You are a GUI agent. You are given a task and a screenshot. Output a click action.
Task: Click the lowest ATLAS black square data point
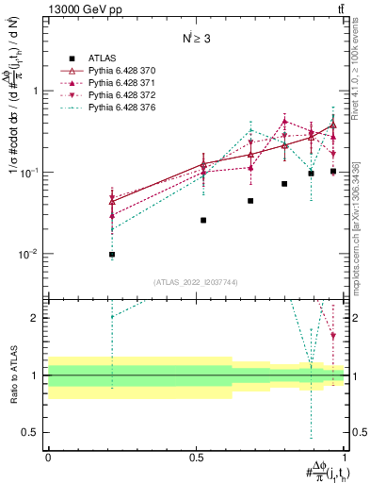pyautogui.click(x=112, y=255)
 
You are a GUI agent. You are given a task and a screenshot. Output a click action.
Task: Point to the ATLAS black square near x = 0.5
pyautogui.click(x=203, y=220)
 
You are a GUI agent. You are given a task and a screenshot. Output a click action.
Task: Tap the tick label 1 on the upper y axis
pyautogui.click(x=36, y=92)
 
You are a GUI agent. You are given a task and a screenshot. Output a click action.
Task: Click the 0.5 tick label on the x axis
pyautogui.click(x=196, y=456)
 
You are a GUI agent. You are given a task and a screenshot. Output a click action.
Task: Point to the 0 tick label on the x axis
pyautogui.click(x=48, y=456)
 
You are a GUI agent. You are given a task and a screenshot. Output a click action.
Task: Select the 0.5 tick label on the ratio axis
pyautogui.click(x=31, y=432)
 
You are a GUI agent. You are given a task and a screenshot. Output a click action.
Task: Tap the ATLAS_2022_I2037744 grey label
pyautogui.click(x=196, y=282)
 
